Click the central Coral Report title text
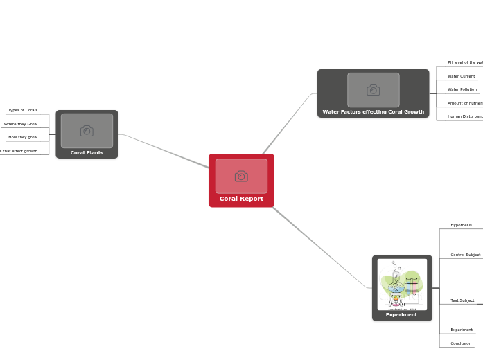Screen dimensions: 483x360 [241, 199]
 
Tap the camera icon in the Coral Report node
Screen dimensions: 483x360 [241, 177]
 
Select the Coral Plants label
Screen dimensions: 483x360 [87, 153]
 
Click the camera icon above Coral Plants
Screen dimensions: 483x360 [87, 131]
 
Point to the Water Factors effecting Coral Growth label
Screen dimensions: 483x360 [373, 111]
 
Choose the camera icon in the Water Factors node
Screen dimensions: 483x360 [374, 90]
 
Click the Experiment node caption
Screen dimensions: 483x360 [401, 315]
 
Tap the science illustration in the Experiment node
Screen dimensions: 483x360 [402, 284]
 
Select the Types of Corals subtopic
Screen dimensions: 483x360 [23, 110]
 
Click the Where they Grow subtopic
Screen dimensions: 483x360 [21, 124]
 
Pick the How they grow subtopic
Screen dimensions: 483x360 [23, 137]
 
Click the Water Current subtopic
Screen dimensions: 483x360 [462, 76]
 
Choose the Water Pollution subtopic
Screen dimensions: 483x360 [462, 89]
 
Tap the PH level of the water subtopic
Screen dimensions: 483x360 [465, 62]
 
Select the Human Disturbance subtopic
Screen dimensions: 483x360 [465, 116]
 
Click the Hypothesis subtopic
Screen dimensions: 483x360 [461, 225]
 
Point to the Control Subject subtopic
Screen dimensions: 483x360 [465, 255]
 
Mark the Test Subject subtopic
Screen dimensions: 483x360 [462, 300]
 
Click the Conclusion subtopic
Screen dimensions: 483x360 [461, 343]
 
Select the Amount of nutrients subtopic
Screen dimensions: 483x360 [465, 103]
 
